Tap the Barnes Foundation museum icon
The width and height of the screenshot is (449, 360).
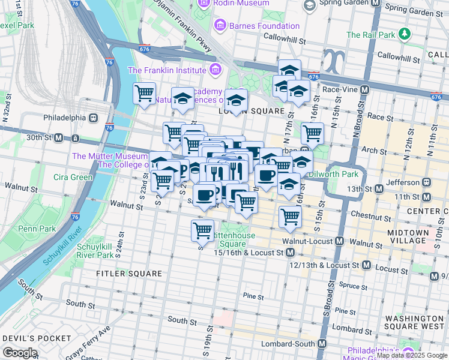point(220,26)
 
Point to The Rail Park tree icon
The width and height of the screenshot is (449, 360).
point(405,35)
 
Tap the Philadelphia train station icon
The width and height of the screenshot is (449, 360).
point(93,118)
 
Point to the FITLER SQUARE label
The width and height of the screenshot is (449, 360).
point(130,274)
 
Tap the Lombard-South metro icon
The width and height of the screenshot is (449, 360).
point(322,344)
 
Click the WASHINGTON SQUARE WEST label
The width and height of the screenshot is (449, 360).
point(414,323)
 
